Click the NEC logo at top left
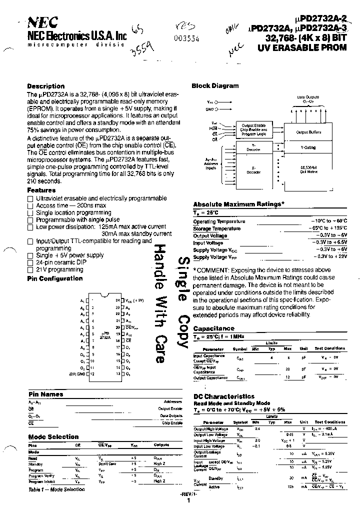tap(43, 21)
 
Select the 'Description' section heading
tap(45, 86)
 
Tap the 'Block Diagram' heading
tap(215, 85)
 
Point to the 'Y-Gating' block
tap(308, 148)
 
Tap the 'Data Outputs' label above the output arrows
tap(308, 98)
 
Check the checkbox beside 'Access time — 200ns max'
tap(30, 206)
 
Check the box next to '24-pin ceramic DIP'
tap(30, 262)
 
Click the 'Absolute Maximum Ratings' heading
tap(238, 204)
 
